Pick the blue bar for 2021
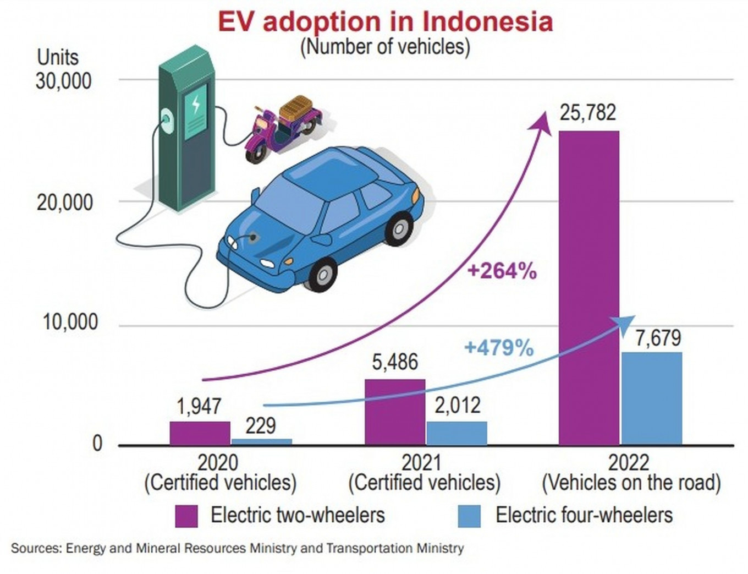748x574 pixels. point(457,433)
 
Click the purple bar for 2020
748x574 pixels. point(200,433)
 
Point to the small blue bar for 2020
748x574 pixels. point(261,441)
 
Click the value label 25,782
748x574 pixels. point(588,112)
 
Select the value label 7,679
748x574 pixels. point(658,338)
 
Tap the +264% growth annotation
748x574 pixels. point(502,271)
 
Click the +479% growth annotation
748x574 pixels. point(499,348)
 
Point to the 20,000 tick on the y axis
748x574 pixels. point(64,203)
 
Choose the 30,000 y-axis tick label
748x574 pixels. point(63,81)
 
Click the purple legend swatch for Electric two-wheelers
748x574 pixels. point(186,516)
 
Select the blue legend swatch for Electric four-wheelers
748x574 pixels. point(469,516)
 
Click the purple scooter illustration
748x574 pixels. point(283,127)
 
